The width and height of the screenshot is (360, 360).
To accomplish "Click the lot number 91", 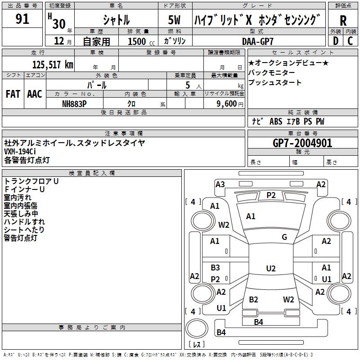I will [x=22, y=19].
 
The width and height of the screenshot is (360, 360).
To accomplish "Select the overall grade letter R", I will [x=343, y=20].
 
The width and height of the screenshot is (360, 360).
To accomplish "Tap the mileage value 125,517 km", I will [x=53, y=64].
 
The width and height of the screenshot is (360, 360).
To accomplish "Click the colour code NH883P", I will [x=75, y=103].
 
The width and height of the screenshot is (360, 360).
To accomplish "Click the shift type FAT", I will [x=13, y=94].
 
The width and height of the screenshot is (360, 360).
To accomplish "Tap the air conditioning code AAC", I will [x=35, y=94].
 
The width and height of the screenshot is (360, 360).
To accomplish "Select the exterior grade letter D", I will [x=335, y=40].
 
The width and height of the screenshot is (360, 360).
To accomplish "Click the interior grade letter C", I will [x=350, y=40].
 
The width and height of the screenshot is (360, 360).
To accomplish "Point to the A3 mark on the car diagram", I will [x=220, y=184].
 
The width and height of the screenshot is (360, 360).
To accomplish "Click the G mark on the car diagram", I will [x=284, y=237].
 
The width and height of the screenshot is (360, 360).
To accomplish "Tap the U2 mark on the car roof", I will [x=270, y=269].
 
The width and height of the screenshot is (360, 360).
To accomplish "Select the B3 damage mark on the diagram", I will [x=215, y=268].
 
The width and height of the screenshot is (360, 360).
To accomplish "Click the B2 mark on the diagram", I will [x=254, y=300].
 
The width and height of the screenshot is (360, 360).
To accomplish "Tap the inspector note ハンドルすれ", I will [x=24, y=221].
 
